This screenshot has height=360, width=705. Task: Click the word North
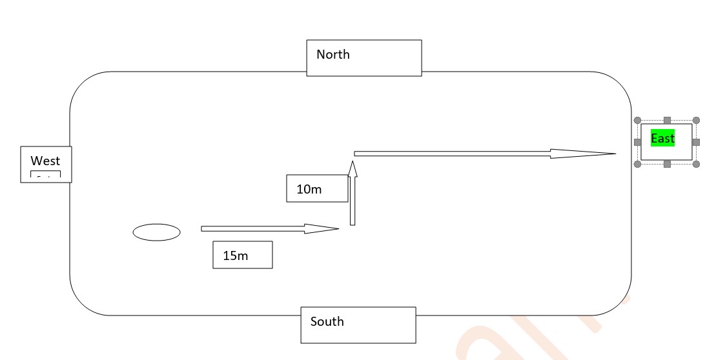(333, 55)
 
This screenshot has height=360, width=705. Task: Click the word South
(327, 322)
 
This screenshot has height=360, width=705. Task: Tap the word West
(45, 161)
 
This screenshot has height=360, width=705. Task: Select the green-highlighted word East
(662, 139)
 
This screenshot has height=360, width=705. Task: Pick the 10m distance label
(309, 190)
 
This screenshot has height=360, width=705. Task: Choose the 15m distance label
(236, 255)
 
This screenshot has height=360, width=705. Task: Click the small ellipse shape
(156, 232)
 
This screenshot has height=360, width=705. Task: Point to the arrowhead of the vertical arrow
(352, 168)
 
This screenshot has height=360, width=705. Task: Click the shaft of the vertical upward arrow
(352, 203)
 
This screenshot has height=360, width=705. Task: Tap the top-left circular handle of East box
(637, 120)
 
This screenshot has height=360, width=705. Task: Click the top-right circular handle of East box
(696, 120)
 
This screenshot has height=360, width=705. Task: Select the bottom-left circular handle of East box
(637, 164)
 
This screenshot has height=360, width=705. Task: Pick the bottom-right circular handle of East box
(696, 164)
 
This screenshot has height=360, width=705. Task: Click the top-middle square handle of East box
(667, 120)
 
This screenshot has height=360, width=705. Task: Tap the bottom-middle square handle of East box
(667, 164)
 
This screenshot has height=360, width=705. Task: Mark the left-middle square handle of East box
(637, 142)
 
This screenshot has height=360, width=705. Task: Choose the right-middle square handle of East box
(696, 142)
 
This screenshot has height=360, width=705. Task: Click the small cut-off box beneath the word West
(45, 175)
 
